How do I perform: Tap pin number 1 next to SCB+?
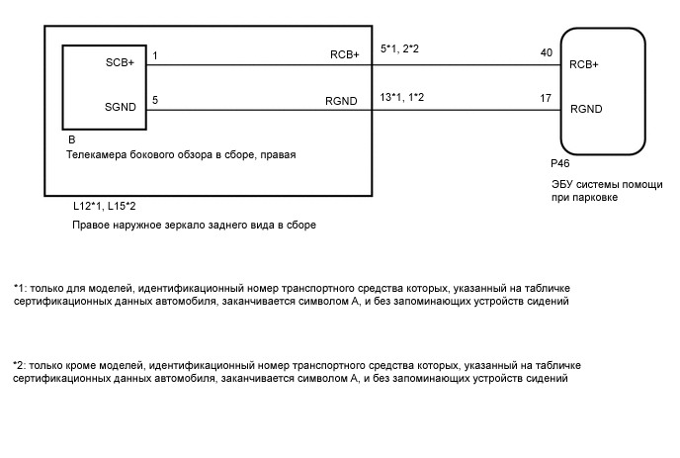(x=155, y=56)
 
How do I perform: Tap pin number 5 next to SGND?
(x=155, y=98)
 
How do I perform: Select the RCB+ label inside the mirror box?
(x=344, y=56)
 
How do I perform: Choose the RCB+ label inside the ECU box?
(x=585, y=67)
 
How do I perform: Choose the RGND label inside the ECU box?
(x=586, y=109)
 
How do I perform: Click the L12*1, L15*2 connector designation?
(x=104, y=207)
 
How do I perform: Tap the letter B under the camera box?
(x=70, y=140)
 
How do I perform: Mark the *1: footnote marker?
(x=20, y=286)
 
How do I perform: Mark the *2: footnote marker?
(x=20, y=365)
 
